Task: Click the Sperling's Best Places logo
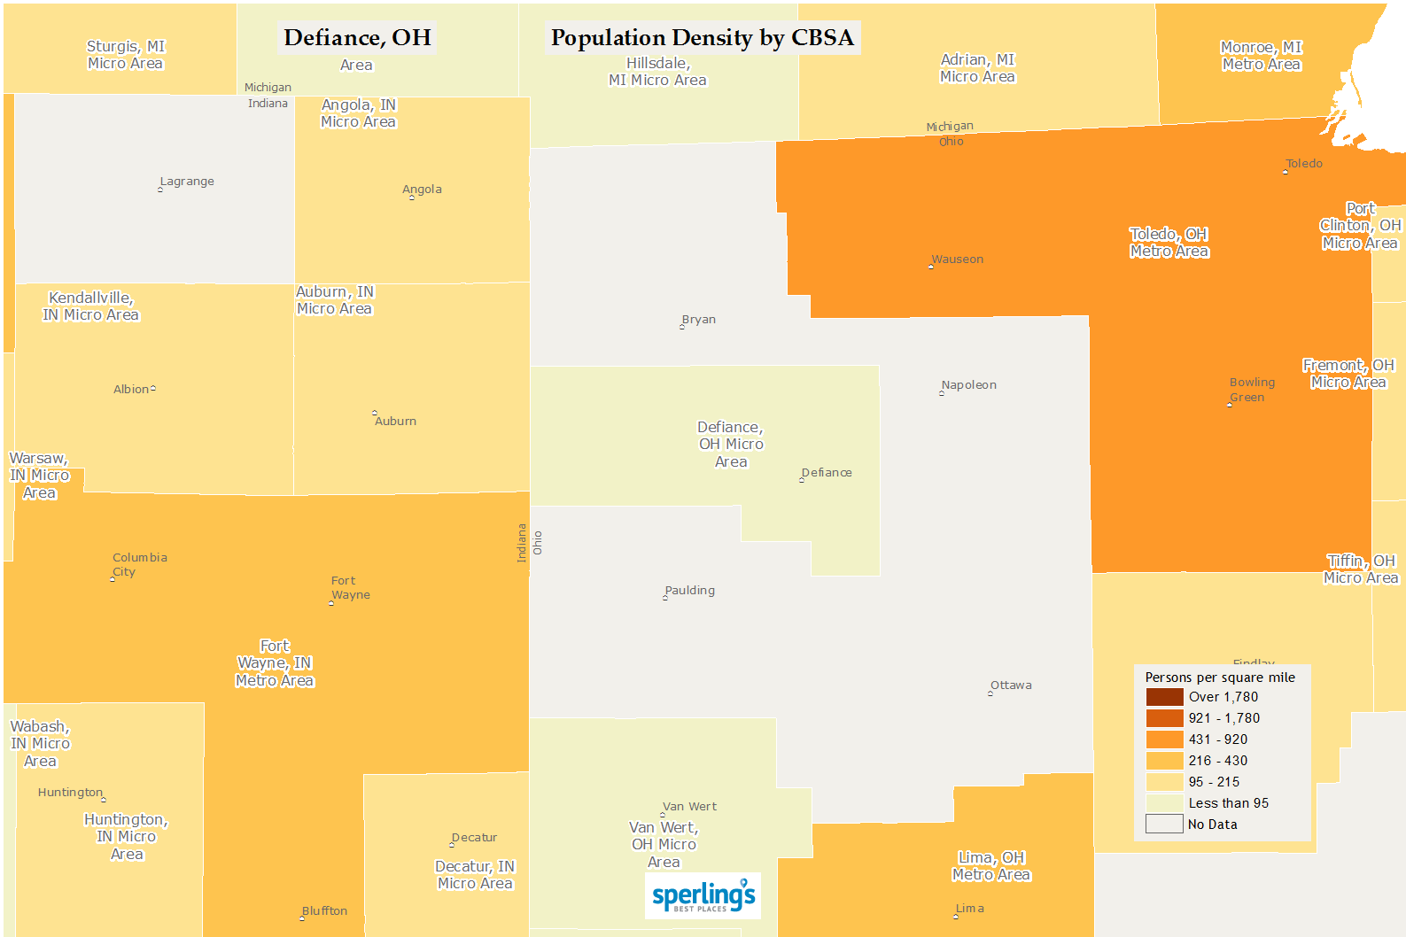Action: tap(703, 895)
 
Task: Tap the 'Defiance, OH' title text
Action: tap(357, 37)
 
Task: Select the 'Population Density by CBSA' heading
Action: tap(702, 37)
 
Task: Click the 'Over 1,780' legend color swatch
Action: tap(1164, 697)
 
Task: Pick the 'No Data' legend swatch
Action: tap(1164, 825)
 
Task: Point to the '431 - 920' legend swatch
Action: tap(1164, 740)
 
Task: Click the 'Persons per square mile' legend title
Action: tap(1220, 678)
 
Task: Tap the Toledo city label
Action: tap(1304, 164)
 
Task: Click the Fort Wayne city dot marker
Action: tap(331, 603)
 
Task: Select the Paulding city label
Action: tap(690, 591)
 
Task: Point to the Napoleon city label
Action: tap(969, 385)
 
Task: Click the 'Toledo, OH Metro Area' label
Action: tap(1169, 243)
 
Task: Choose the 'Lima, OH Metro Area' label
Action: tap(991, 866)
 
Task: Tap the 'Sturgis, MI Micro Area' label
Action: tap(126, 55)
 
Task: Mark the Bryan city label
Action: tap(699, 320)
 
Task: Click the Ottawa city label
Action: tap(1011, 685)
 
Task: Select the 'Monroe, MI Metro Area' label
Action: tap(1261, 56)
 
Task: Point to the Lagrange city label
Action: tap(187, 182)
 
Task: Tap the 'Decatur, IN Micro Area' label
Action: tap(475, 875)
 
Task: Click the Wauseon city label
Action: tap(958, 259)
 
